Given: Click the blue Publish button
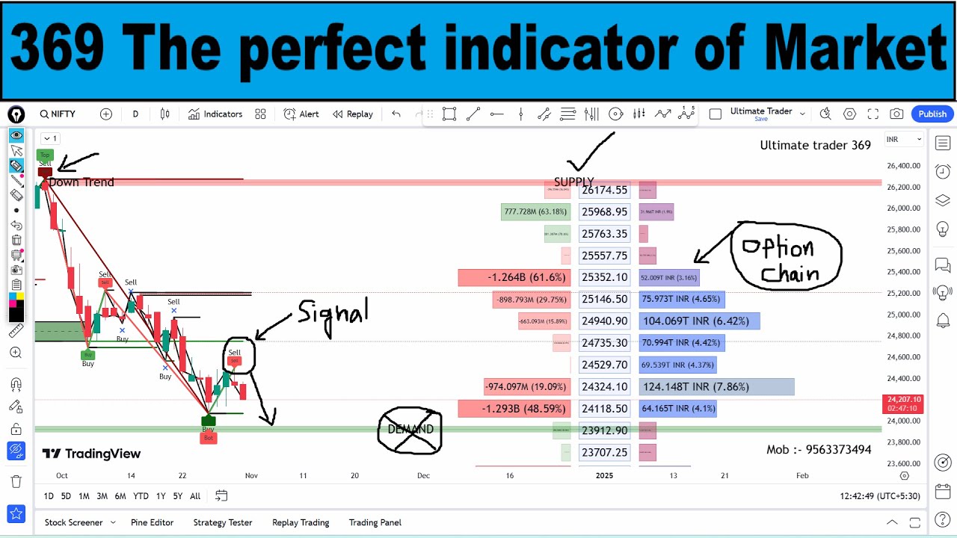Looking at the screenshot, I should (x=932, y=114).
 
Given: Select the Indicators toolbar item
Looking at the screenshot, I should (x=215, y=114).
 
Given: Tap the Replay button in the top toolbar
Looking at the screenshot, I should (x=353, y=114).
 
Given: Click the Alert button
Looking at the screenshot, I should (x=301, y=114).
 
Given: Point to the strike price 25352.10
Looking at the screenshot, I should (x=604, y=278).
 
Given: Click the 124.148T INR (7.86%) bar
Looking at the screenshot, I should (x=716, y=387).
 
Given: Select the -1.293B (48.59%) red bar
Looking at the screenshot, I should (x=514, y=409).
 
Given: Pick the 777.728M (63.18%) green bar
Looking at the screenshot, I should (x=535, y=212).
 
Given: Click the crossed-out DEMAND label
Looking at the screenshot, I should (x=410, y=430).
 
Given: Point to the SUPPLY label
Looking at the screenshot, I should (x=573, y=182).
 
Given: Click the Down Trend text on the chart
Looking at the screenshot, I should (x=81, y=182).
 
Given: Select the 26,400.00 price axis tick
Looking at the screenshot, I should (x=903, y=166).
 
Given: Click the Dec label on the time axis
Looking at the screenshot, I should (x=424, y=475).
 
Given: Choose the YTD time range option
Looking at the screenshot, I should (x=141, y=496).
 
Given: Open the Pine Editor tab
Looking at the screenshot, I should (x=152, y=523).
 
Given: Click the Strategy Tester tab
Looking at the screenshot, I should (x=223, y=523).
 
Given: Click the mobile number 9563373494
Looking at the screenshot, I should (x=819, y=450).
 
